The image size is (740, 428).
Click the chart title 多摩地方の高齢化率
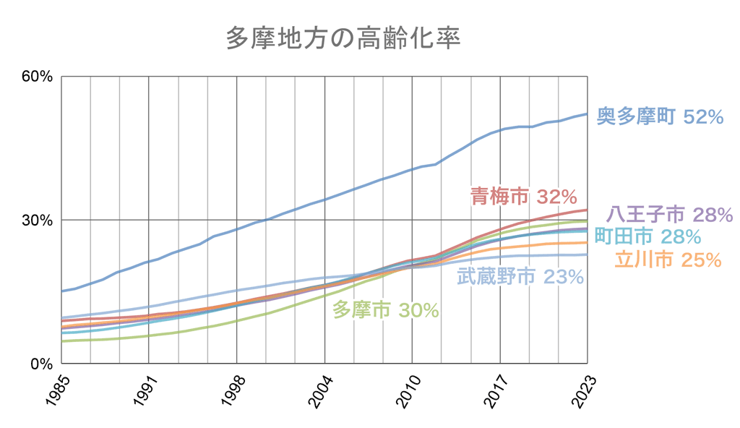point(343,38)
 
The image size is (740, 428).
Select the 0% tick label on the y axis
point(39,364)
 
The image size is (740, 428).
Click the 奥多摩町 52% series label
point(660,116)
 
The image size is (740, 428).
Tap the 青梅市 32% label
point(523,196)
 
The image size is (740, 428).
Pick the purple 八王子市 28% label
point(670,214)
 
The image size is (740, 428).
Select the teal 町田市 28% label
point(647,236)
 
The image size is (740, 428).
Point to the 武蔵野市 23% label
point(521,276)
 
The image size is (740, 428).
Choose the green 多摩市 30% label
point(385,309)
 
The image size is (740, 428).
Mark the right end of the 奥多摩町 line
point(586,114)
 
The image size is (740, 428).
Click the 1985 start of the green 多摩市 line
point(61,341)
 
